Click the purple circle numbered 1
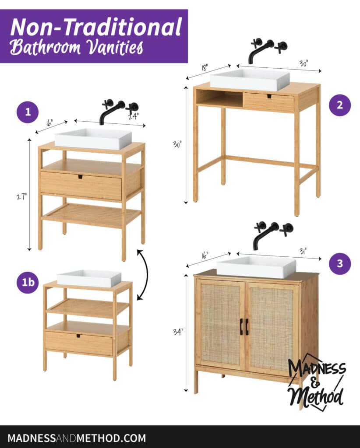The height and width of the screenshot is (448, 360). point(28,112)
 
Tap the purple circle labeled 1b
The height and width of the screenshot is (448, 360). point(28,282)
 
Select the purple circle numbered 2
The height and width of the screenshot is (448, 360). point(339,105)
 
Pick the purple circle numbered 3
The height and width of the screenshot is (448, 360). point(339,263)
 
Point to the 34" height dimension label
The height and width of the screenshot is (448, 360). point(178,332)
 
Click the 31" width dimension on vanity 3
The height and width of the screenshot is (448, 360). point(303,251)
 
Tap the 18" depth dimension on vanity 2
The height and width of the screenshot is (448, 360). point(205,67)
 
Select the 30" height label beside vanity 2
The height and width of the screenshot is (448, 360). point(177,144)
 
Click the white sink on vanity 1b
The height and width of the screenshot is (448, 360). point(89,278)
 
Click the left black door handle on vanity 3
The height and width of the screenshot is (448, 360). point(241,326)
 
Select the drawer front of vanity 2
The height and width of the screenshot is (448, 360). point(269,101)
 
